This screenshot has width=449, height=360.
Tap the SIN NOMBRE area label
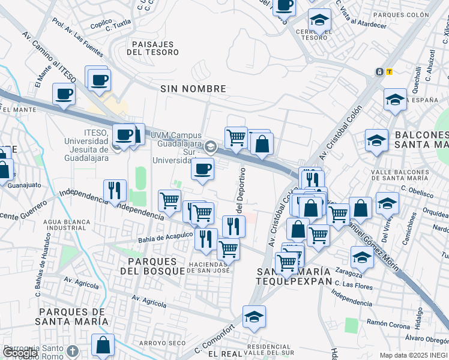click(193, 89)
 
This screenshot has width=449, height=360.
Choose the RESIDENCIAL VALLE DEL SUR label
click(271, 350)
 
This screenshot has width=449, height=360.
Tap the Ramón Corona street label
click(385, 322)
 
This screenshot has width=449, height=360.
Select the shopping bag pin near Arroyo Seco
click(103, 344)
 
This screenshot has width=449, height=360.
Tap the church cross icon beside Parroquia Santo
click(72, 350)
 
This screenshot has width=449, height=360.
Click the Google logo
click(20, 353)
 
